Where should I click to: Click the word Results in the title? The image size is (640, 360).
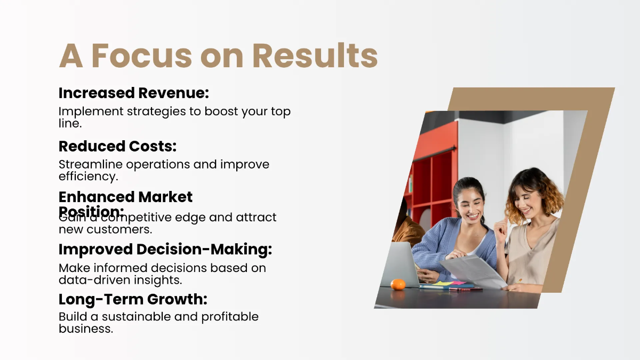pyautogui.click(x=315, y=55)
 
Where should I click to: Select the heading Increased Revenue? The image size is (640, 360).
pyautogui.click(x=133, y=93)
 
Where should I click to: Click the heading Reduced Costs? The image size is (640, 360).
pyautogui.click(x=117, y=146)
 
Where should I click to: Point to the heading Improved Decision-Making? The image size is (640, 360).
pyautogui.click(x=165, y=249)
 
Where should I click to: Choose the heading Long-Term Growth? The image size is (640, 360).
pyautogui.click(x=133, y=299)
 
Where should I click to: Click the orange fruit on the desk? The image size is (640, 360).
pyautogui.click(x=398, y=284)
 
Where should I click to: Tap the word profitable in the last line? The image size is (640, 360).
pyautogui.click(x=230, y=316)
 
